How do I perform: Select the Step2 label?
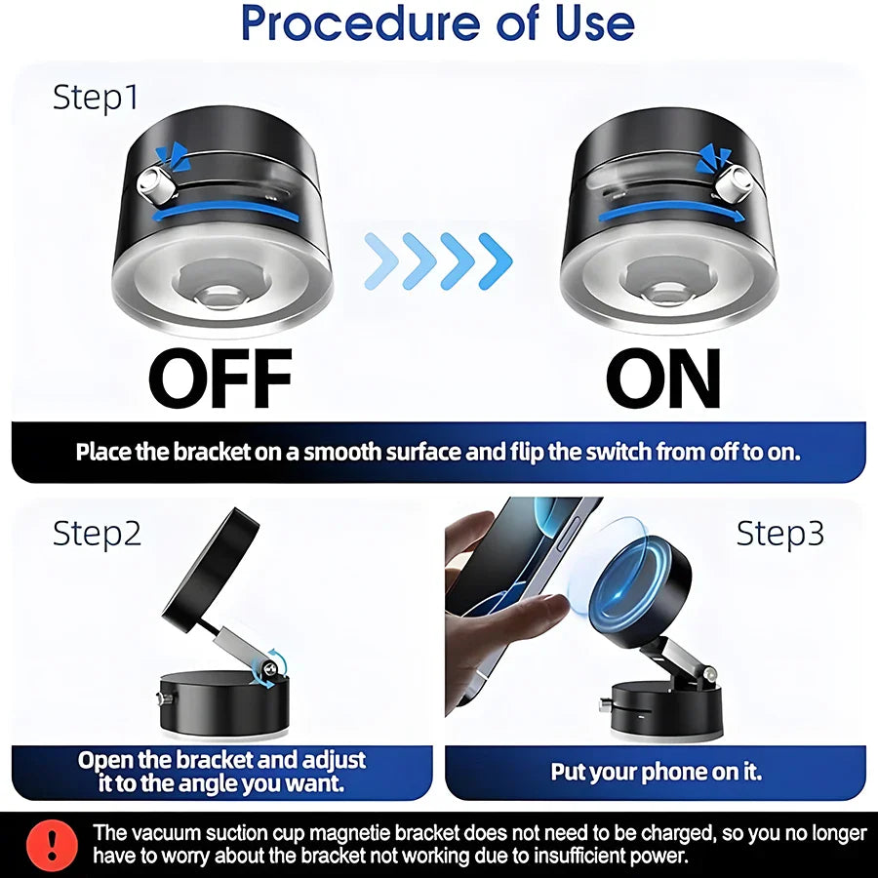point(97,533)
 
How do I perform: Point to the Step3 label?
point(779,533)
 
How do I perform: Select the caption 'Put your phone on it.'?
point(656,772)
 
